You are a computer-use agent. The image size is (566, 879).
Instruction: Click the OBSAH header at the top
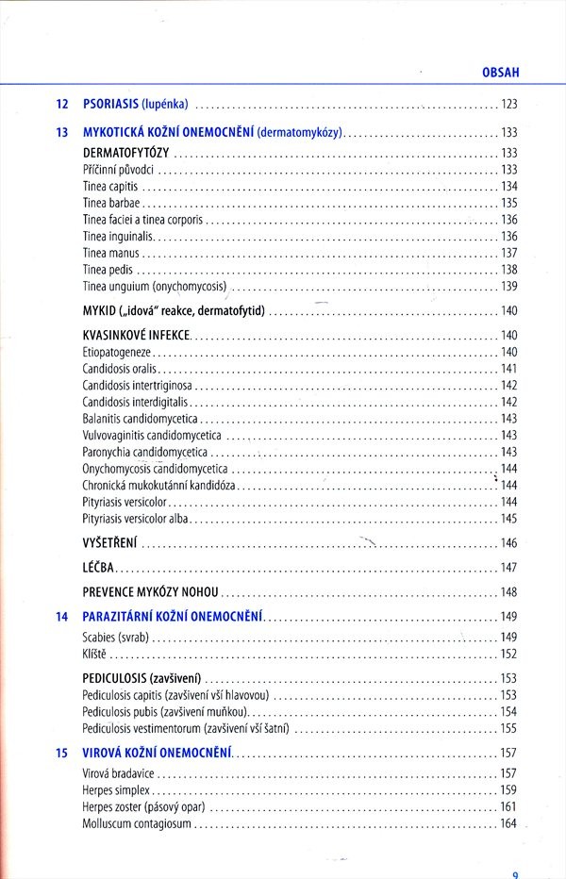coord(501,71)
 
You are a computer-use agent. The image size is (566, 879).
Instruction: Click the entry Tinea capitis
coord(110,186)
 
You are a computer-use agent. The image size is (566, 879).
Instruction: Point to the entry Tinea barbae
coord(112,203)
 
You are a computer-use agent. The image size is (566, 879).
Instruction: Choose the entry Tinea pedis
coord(108,270)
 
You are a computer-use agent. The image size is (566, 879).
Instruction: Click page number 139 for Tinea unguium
coord(508,287)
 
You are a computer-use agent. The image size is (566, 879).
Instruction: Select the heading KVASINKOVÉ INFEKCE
coord(137,335)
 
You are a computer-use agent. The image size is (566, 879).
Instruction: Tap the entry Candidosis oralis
coord(121,368)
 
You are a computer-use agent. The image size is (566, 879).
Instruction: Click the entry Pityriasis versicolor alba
coord(136,519)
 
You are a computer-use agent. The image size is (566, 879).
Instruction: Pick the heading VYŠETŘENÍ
coord(110,543)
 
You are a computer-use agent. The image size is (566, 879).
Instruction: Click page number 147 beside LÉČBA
coord(508,568)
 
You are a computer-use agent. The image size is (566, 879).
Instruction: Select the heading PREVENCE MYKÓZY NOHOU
coord(151,592)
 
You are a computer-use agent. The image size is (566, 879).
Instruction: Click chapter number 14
coord(62,617)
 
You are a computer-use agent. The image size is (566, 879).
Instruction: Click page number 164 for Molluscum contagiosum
coord(508,823)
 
